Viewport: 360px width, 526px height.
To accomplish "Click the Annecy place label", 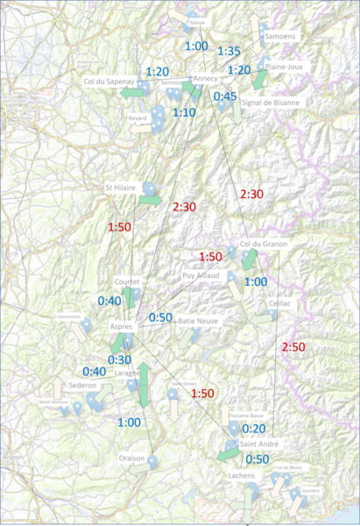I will (x=205, y=80).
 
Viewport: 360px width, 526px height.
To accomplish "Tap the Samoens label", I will (x=280, y=37).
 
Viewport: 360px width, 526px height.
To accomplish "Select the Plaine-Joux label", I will (x=285, y=66).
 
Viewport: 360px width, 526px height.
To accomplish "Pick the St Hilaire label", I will (x=121, y=187).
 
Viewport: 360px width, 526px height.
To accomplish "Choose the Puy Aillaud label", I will (x=200, y=275).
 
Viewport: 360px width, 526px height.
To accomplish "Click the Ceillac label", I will (x=280, y=302).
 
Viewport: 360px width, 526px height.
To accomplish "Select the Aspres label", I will (x=121, y=326).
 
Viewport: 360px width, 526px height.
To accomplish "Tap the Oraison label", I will (x=132, y=458).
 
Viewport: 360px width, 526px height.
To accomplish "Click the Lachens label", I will (x=241, y=474).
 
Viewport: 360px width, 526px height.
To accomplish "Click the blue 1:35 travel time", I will (x=229, y=51).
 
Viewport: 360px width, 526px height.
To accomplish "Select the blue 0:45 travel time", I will (x=224, y=96).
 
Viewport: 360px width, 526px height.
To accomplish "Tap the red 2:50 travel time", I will (x=293, y=347).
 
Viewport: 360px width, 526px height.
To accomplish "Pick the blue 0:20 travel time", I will (x=254, y=429).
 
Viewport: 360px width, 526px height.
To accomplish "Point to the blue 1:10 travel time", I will (x=184, y=112).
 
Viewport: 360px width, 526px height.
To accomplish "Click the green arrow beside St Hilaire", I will (x=150, y=201).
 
